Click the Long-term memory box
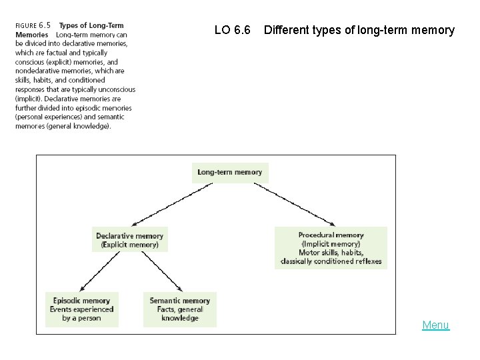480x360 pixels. [230, 172]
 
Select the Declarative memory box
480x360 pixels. [129, 240]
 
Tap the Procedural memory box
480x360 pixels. [331, 248]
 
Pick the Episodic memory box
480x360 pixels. [81, 309]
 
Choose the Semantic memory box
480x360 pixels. [179, 309]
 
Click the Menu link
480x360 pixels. [435, 325]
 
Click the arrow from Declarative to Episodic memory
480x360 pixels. [99, 271]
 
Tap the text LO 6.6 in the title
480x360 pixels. [233, 30]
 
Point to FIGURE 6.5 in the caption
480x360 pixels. [33, 26]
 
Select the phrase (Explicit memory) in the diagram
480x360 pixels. [130, 245]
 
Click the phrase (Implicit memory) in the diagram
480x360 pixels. [331, 244]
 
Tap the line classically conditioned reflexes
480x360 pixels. [331, 261]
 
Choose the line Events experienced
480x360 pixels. [81, 309]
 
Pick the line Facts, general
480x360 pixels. [180, 309]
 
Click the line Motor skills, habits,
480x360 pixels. [331, 253]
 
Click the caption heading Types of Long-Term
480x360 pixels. [91, 26]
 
